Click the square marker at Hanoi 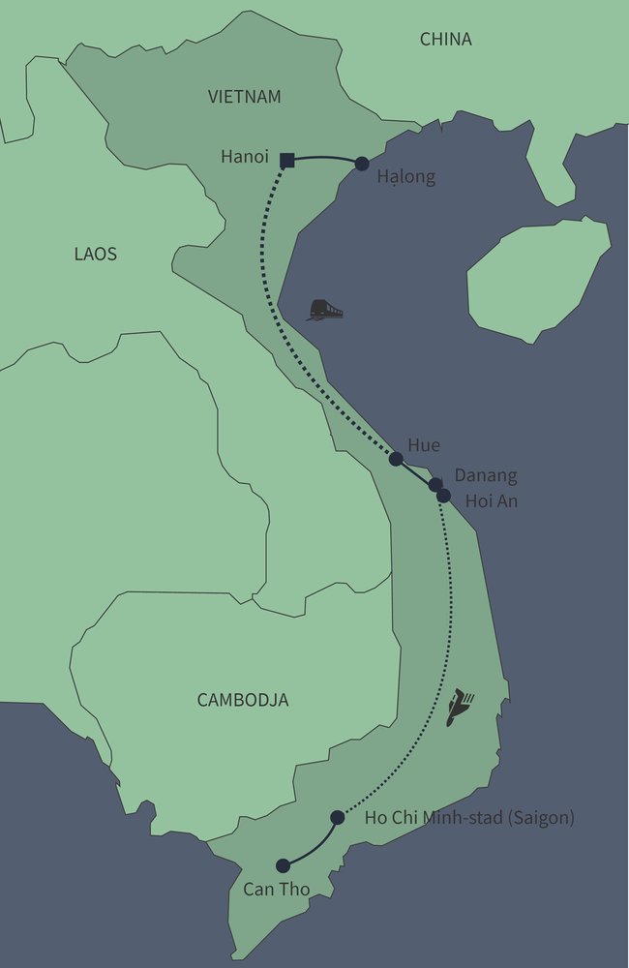286,161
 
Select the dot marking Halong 362,165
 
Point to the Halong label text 406,177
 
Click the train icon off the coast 325,310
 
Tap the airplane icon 460,708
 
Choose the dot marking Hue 396,459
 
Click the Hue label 423,445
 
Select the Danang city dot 435,484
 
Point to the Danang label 486,476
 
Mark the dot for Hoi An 443,496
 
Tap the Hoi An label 492,501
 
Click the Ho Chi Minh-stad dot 338,818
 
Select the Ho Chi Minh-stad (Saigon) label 469,818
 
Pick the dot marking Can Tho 283,865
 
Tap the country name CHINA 445,40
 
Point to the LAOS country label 95,255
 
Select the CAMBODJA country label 243,700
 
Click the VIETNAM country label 244,97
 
